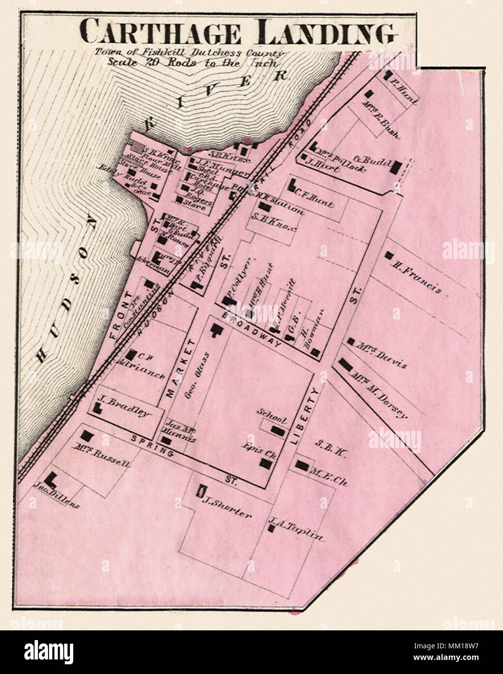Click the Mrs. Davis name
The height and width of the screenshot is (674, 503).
point(381,354)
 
